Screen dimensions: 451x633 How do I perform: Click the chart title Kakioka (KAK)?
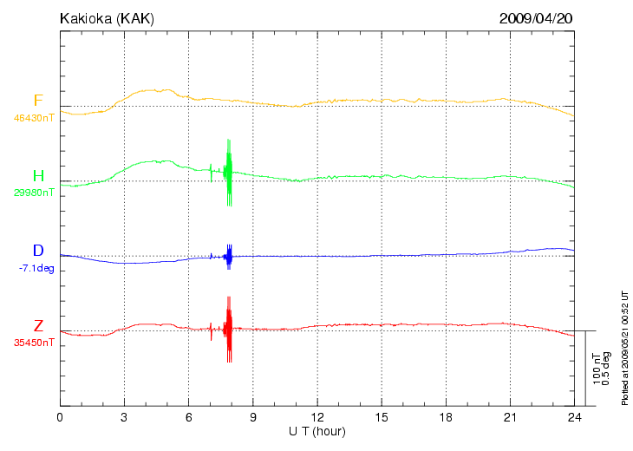point(107,18)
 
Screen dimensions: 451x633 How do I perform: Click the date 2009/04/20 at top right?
point(536,18)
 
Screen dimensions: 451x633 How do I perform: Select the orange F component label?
point(38,101)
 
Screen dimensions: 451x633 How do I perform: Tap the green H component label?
point(38,176)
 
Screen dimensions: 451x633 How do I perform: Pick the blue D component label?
point(38,252)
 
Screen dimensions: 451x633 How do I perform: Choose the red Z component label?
point(38,326)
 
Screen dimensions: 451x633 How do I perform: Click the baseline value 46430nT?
point(35,117)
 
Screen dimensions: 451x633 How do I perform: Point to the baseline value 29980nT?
point(35,193)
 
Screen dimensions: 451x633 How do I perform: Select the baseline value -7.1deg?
point(36,268)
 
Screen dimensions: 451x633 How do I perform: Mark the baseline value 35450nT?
point(35,343)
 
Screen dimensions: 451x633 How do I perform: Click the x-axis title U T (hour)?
point(317,431)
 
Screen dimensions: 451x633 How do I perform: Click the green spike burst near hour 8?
point(228,172)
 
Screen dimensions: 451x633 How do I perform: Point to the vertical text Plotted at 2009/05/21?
point(625,347)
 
